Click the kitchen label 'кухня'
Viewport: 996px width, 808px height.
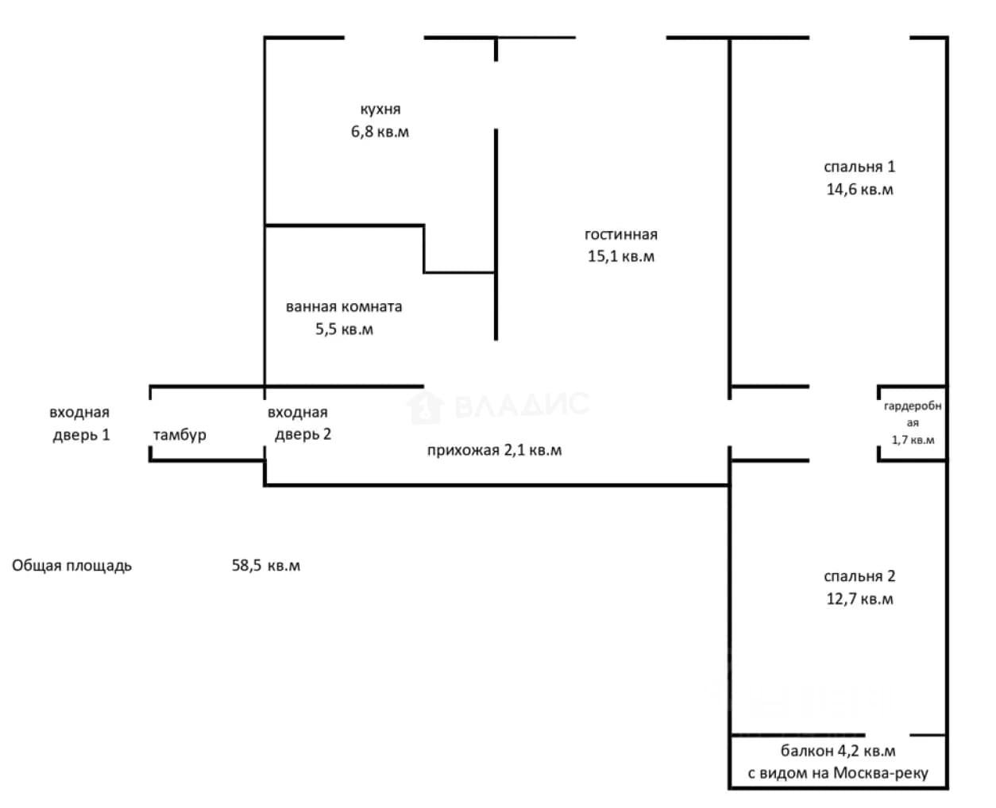380,110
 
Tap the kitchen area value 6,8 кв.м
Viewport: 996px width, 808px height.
380,132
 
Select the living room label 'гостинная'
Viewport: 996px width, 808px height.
620,234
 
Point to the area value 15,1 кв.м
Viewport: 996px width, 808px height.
620,256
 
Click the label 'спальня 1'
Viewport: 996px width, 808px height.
859,167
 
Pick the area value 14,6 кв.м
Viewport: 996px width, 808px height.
859,189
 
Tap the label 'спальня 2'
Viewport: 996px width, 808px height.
859,576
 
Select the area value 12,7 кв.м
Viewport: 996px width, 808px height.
859,598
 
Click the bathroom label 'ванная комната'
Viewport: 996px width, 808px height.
344,306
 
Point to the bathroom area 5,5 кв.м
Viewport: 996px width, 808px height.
344,329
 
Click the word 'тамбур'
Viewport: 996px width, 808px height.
180,435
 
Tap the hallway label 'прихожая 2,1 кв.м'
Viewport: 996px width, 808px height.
494,450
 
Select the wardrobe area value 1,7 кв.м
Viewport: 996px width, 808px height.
913,440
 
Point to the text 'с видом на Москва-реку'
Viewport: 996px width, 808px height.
837,773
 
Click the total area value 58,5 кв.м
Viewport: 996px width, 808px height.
265,565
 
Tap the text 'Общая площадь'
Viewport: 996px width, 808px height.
71,565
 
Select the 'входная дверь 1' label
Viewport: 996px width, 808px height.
80,423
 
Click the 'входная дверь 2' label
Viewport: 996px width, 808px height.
299,423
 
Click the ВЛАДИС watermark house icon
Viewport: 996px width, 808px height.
425,407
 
